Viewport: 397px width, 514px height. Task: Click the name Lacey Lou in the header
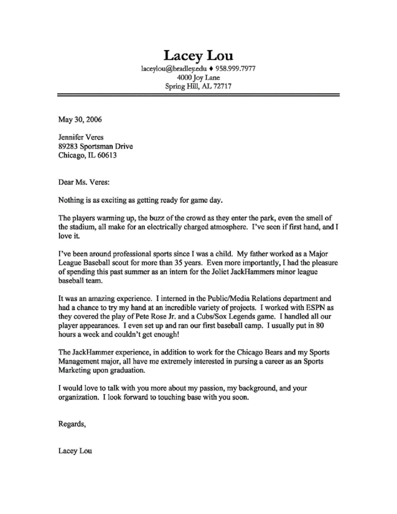click(198, 55)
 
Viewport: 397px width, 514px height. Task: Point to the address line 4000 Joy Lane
click(198, 77)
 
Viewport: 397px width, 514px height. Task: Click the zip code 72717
click(222, 86)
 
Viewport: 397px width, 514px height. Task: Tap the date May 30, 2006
click(80, 120)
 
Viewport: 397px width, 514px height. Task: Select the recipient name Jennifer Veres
click(81, 137)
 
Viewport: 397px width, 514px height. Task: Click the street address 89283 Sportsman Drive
click(95, 146)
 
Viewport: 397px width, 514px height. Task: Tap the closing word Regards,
click(72, 424)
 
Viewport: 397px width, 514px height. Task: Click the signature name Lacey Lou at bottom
click(75, 451)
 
